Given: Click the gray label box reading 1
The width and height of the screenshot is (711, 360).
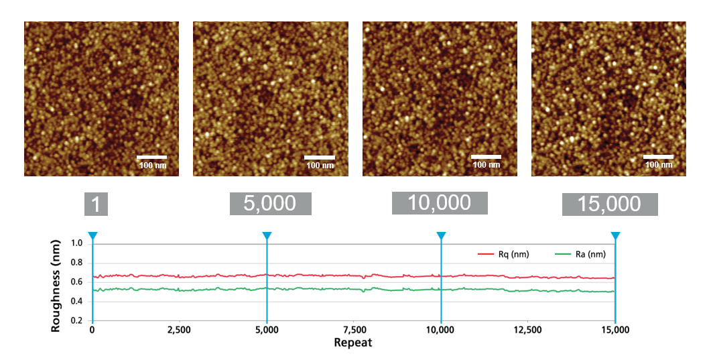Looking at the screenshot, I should pos(96,204).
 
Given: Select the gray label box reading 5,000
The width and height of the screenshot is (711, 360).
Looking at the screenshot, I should pos(270,204).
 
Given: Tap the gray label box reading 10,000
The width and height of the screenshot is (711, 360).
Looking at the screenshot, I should pos(440,203).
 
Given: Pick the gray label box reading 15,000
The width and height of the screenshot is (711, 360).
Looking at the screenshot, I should pos(609,204).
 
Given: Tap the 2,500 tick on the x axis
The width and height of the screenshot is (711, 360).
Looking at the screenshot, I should pos(180,331).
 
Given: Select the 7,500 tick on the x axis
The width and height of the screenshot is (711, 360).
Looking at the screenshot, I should pos(354,331).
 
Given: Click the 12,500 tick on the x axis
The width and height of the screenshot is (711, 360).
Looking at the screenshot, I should pos(528,331).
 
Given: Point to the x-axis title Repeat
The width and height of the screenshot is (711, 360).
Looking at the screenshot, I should pos(353,343).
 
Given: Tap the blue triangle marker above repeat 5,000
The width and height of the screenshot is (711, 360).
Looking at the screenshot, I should pos(267,235).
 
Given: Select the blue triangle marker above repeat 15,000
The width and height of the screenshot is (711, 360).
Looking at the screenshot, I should pos(615,235).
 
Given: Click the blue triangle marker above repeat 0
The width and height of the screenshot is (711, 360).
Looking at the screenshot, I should pos(92,235).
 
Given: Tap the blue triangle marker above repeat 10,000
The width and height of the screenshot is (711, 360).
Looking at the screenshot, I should pos(441,235).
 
